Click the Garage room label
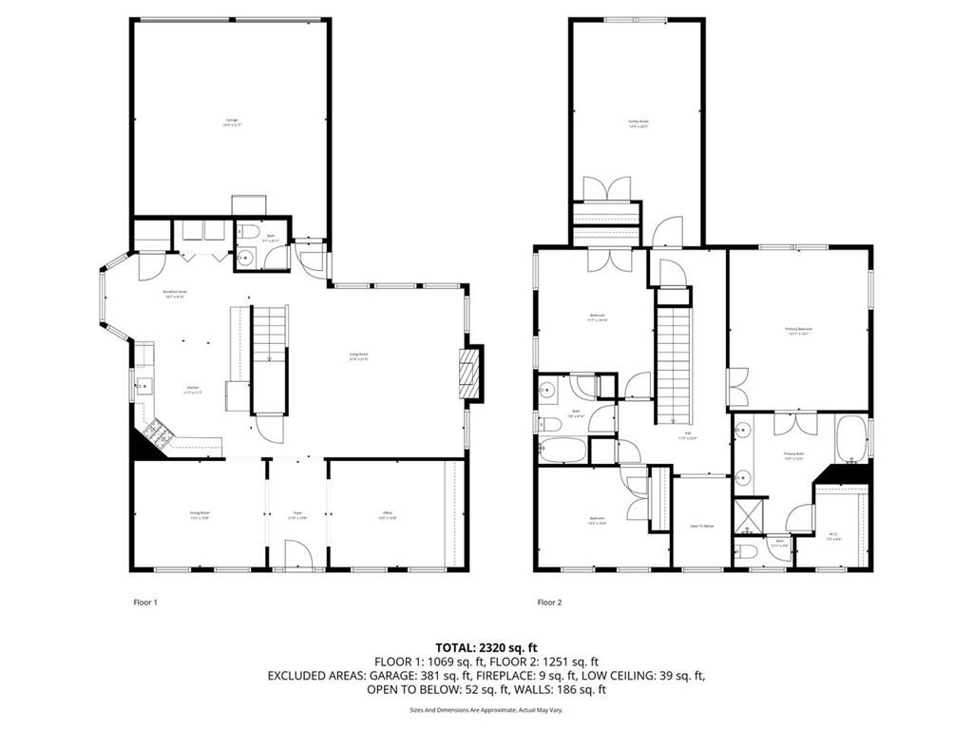pos(231,122)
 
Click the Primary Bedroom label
pos(798,331)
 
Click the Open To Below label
pos(701,525)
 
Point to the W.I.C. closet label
pos(832,534)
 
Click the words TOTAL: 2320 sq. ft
pos(486,647)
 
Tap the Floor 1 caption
pos(144,602)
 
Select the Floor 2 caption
pos(549,602)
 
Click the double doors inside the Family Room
pos(606,188)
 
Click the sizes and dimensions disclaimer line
pos(486,709)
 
